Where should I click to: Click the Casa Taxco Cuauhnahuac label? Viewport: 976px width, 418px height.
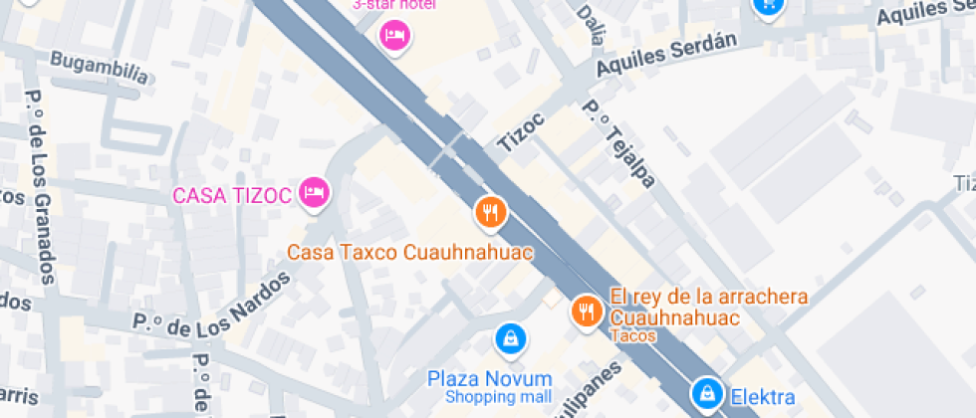point(410,253)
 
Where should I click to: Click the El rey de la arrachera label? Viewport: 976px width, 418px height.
point(708,297)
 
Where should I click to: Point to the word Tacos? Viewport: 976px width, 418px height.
point(633,335)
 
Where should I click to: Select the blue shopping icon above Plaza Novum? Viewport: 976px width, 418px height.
point(510,338)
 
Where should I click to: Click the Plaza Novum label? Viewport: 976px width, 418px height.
point(489,378)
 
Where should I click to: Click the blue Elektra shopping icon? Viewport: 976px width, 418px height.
point(707,391)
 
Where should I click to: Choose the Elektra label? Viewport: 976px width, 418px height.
point(763,396)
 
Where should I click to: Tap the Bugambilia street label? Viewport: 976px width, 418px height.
point(100,65)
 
